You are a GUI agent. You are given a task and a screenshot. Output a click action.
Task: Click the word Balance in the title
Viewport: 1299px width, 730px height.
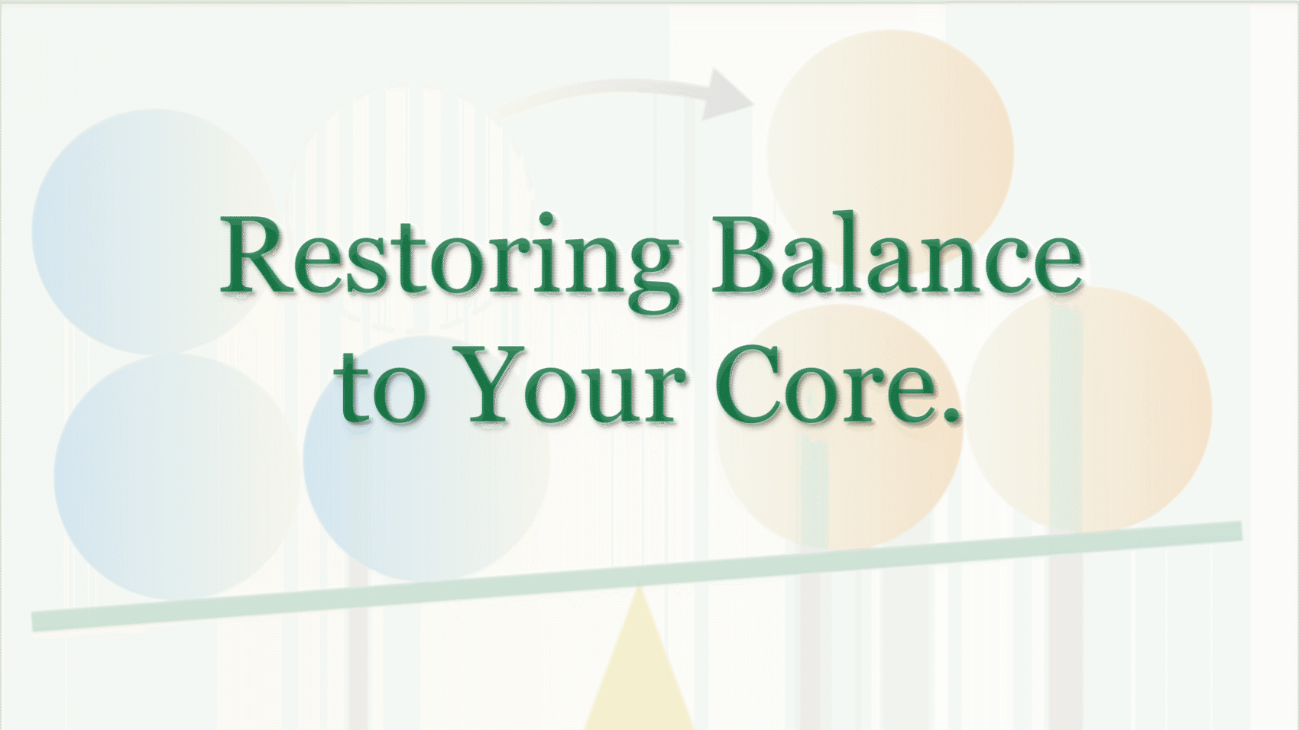point(898,256)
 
